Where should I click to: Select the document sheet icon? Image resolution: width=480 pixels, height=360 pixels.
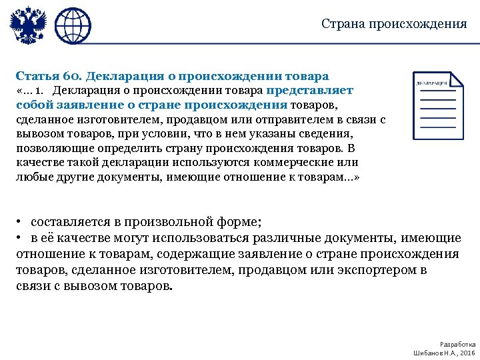(437, 104)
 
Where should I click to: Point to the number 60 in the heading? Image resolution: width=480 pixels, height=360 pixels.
(75, 76)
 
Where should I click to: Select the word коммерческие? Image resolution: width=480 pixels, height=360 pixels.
(298, 163)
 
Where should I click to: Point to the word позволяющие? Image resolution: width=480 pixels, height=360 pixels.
(47, 149)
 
